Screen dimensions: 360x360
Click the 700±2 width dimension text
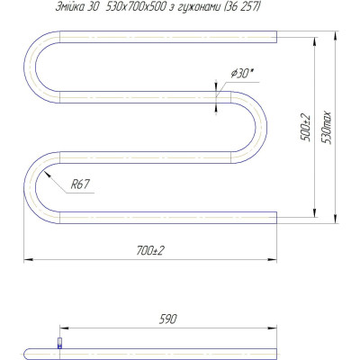[x=151, y=250]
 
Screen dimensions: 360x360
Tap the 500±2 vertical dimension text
[x=306, y=128]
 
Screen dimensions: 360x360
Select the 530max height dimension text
[x=327, y=128]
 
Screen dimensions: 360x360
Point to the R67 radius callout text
[x=80, y=184]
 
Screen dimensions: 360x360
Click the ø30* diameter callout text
[x=241, y=73]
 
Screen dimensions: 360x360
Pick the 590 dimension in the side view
[x=167, y=319]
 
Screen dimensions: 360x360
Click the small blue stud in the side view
[x=59, y=343]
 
